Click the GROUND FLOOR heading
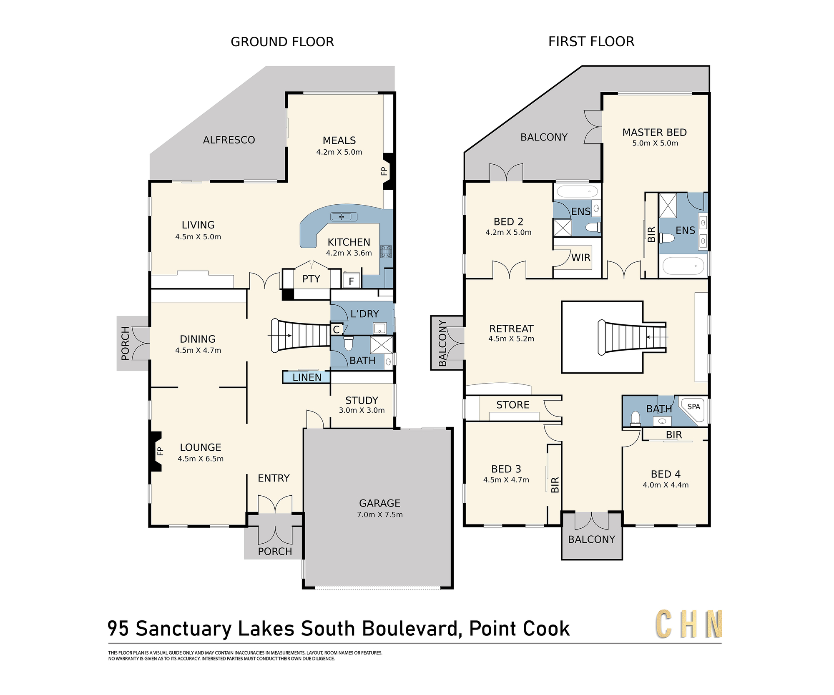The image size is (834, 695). (282, 42)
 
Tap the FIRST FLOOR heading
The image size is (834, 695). (591, 42)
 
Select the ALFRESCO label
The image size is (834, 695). (229, 140)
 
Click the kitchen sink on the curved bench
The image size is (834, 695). (344, 217)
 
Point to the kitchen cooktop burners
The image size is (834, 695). (386, 252)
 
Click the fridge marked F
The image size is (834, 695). (351, 281)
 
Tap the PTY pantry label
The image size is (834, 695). (311, 279)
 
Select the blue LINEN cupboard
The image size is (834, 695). (306, 377)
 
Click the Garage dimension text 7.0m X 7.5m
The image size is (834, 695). (380, 515)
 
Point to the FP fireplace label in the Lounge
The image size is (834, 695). (160, 451)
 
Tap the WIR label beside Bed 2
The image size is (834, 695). (581, 258)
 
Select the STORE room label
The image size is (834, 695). (513, 405)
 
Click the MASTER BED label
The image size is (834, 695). (655, 133)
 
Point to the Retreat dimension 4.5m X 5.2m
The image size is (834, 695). (511, 339)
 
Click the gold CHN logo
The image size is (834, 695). (689, 624)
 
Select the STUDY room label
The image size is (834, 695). (362, 401)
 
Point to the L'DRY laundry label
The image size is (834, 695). (364, 314)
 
